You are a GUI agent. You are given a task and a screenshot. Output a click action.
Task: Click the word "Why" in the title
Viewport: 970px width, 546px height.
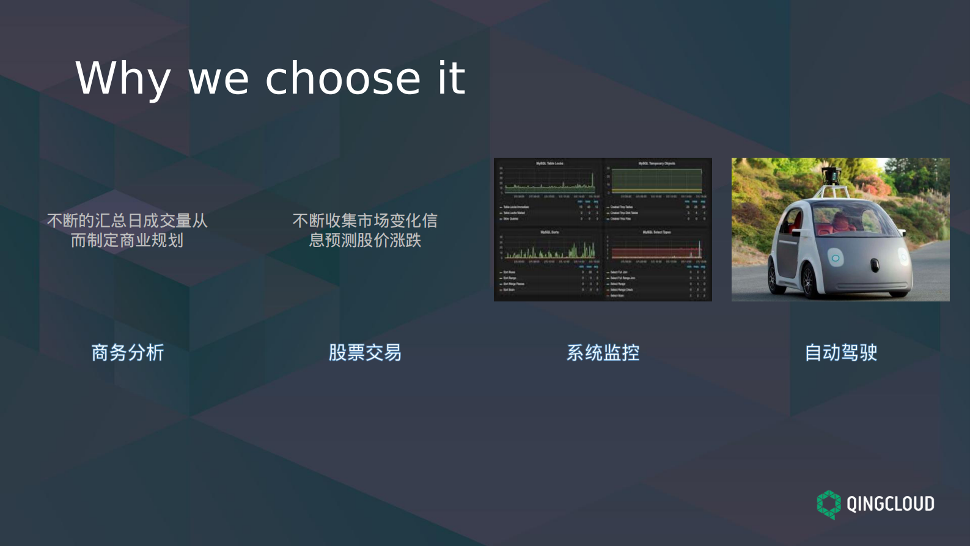tap(122, 79)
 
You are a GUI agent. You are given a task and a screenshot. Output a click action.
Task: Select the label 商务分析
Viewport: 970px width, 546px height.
tap(128, 353)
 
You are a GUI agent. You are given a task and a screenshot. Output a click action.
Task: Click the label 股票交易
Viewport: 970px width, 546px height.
tap(365, 353)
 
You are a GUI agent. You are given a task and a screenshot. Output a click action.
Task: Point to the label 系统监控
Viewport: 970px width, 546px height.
tap(603, 353)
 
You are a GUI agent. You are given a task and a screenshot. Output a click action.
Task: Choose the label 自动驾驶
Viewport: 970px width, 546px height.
tap(840, 353)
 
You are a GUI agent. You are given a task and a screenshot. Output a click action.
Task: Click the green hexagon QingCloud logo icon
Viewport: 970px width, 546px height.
tap(829, 504)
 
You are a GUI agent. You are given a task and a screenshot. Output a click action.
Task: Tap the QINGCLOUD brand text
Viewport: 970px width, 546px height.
tap(890, 504)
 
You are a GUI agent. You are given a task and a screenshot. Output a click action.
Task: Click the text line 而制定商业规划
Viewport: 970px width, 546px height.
tap(127, 240)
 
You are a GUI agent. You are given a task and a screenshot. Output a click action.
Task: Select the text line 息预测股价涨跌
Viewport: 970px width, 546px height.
tap(365, 240)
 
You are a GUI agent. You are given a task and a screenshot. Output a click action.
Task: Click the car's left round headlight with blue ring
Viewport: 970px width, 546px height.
tap(836, 258)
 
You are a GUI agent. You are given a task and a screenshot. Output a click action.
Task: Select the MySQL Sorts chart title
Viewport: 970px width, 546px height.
tap(549, 232)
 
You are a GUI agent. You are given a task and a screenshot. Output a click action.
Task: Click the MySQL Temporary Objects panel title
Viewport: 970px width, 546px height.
tap(656, 163)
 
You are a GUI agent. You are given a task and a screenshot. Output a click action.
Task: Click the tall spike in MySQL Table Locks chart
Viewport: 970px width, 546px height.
tap(592, 179)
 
